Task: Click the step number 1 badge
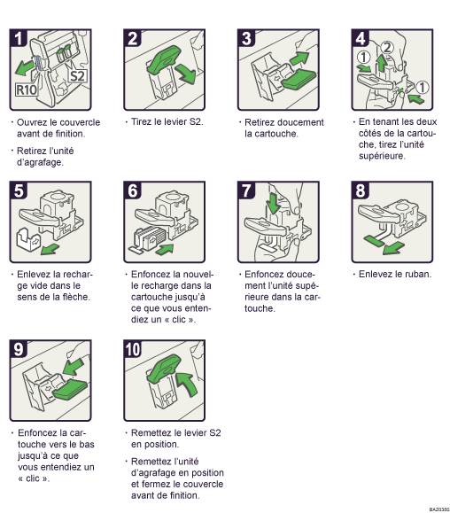click(x=20, y=38)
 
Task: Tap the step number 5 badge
click(x=20, y=191)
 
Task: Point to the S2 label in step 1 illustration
click(x=77, y=75)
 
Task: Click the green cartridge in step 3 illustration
click(x=290, y=83)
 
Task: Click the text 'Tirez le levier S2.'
click(x=168, y=122)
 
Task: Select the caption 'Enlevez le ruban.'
click(x=395, y=275)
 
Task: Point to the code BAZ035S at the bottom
click(x=436, y=509)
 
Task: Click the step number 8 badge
click(x=364, y=191)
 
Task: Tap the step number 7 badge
click(x=249, y=191)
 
